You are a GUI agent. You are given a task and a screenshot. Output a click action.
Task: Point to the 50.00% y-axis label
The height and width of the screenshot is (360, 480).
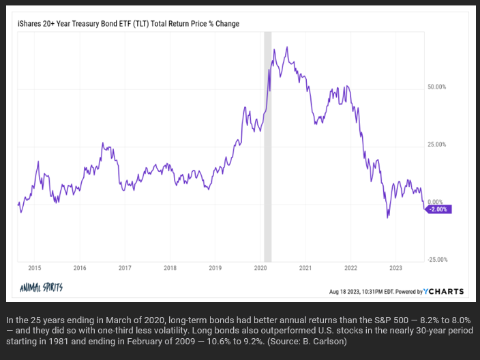[x=436, y=87]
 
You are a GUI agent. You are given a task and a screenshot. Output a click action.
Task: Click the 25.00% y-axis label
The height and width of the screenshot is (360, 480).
[x=436, y=145]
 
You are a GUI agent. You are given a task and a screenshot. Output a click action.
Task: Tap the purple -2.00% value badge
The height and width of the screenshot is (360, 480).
[x=437, y=209]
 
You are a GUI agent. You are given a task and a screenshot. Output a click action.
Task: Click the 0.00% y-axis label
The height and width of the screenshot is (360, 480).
[x=434, y=202]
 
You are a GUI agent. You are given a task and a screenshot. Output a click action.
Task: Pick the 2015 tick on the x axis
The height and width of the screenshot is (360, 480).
[x=35, y=269]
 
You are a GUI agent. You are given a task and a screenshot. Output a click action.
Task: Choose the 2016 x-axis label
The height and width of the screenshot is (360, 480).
[x=80, y=269]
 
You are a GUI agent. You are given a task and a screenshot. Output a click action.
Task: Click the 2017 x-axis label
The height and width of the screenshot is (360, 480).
[x=125, y=269]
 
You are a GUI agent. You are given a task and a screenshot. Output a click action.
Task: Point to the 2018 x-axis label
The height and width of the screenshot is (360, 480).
[x=170, y=269]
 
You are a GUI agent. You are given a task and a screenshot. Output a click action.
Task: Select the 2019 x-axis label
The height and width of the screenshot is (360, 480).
[x=215, y=269]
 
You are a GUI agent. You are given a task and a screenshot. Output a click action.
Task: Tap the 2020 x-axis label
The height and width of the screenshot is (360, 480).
[x=260, y=269]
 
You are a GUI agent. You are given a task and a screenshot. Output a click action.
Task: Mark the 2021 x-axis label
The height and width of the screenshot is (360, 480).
[x=305, y=269]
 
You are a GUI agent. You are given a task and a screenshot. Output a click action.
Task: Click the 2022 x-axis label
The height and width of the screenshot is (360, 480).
[x=350, y=269]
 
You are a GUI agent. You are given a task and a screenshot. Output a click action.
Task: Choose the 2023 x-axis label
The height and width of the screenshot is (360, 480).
[x=395, y=269]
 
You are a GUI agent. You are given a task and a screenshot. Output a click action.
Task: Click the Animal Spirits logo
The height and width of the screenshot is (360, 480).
[x=43, y=288]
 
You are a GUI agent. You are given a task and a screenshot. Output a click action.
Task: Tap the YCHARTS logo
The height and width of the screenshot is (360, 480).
[x=443, y=291]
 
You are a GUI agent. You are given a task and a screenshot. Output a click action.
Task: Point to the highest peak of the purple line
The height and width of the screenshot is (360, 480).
[x=287, y=47]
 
